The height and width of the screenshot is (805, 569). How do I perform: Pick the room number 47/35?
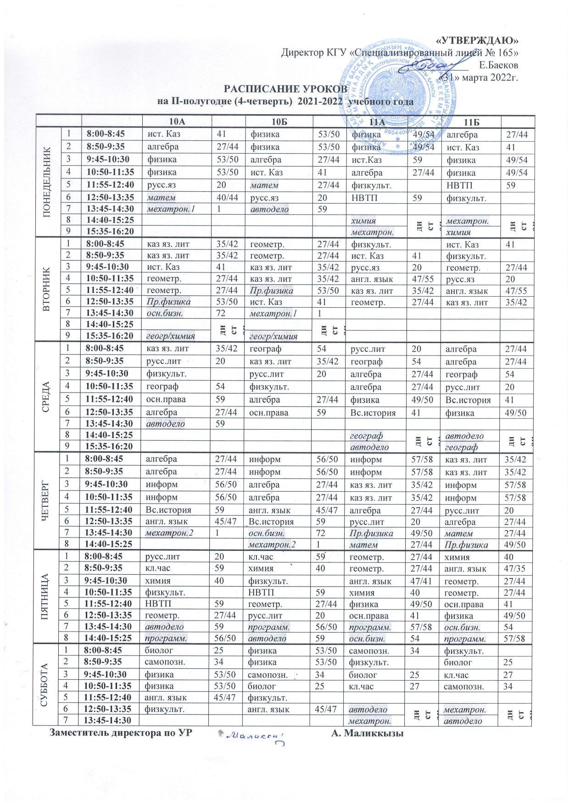coord(517,568)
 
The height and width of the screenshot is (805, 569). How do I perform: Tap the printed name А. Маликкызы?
coord(367,733)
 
